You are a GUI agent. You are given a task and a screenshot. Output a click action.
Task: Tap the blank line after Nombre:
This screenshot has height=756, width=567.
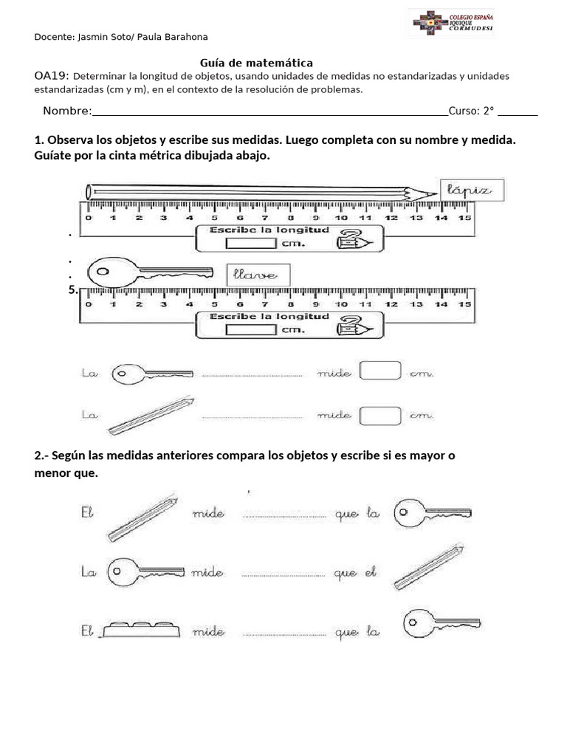(x=269, y=111)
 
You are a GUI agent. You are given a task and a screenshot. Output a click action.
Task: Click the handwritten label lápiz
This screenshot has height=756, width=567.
(x=470, y=190)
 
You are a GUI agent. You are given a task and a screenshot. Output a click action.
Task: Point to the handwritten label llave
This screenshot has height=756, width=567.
(x=258, y=275)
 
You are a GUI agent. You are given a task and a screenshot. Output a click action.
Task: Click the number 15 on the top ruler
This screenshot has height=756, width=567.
(x=464, y=219)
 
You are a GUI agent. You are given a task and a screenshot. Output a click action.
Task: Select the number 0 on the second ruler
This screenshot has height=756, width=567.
(x=89, y=304)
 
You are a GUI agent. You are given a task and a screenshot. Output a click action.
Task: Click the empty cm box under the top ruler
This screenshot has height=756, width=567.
(x=250, y=242)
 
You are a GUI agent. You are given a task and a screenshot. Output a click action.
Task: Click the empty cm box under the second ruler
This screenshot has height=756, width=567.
(x=250, y=329)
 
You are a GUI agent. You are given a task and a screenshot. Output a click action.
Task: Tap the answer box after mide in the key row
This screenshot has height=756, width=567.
(x=380, y=371)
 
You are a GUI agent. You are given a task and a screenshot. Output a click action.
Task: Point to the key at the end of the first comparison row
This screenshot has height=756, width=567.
(x=432, y=511)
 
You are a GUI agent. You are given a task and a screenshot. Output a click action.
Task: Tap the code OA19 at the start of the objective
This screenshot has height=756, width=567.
(x=52, y=76)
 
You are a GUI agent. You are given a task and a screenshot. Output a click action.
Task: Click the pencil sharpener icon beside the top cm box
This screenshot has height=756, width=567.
(x=351, y=241)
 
